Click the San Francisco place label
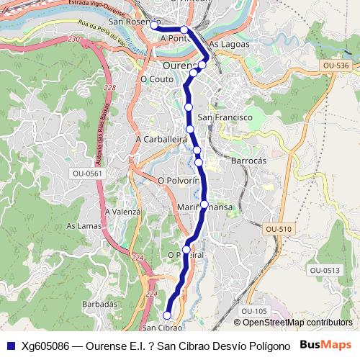click(x=225, y=117)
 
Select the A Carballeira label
click(x=156, y=138)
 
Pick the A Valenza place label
click(x=122, y=212)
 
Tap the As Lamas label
click(x=82, y=225)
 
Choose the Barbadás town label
click(x=101, y=305)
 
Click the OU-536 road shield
click(x=336, y=66)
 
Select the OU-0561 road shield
click(x=88, y=174)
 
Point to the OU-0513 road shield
click(x=325, y=270)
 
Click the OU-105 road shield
click(x=254, y=310)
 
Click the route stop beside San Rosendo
click(x=154, y=25)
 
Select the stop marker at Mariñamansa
click(x=204, y=204)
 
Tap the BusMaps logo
click(x=326, y=345)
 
